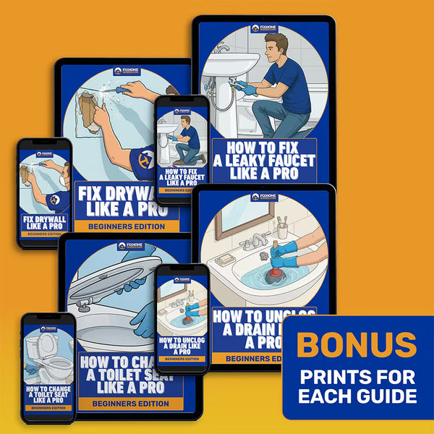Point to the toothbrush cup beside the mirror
click(x=283, y=230)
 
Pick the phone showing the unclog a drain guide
click(x=182, y=318)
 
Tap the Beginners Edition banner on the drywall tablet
click(x=127, y=226)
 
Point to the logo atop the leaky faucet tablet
click(x=265, y=29)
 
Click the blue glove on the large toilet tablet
click(x=148, y=318)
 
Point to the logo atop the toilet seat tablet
click(x=130, y=247)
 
